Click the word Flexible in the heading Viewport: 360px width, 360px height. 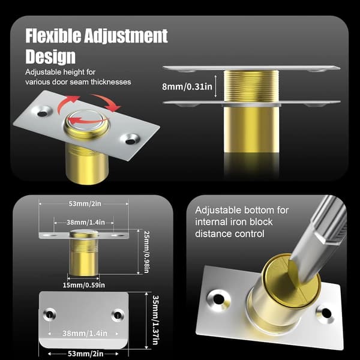click(x=53, y=36)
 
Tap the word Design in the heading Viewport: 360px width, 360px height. click(x=50, y=56)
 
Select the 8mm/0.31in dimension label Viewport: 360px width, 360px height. click(x=187, y=86)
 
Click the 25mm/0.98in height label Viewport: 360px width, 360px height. click(x=146, y=252)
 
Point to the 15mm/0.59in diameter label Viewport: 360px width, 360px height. click(x=84, y=285)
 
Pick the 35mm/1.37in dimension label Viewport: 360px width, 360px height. click(x=155, y=320)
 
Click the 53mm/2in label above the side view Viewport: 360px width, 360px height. click(x=85, y=203)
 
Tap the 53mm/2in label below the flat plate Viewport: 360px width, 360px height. click(x=85, y=353)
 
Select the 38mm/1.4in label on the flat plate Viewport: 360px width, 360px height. click(x=85, y=334)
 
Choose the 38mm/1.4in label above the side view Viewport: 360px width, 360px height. click(x=86, y=222)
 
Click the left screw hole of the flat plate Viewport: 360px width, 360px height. click(x=49, y=314)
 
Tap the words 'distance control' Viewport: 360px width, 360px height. click(x=230, y=234)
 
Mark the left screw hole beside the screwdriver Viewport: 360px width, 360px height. click(x=218, y=299)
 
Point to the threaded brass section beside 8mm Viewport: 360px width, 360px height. click(x=251, y=86)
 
